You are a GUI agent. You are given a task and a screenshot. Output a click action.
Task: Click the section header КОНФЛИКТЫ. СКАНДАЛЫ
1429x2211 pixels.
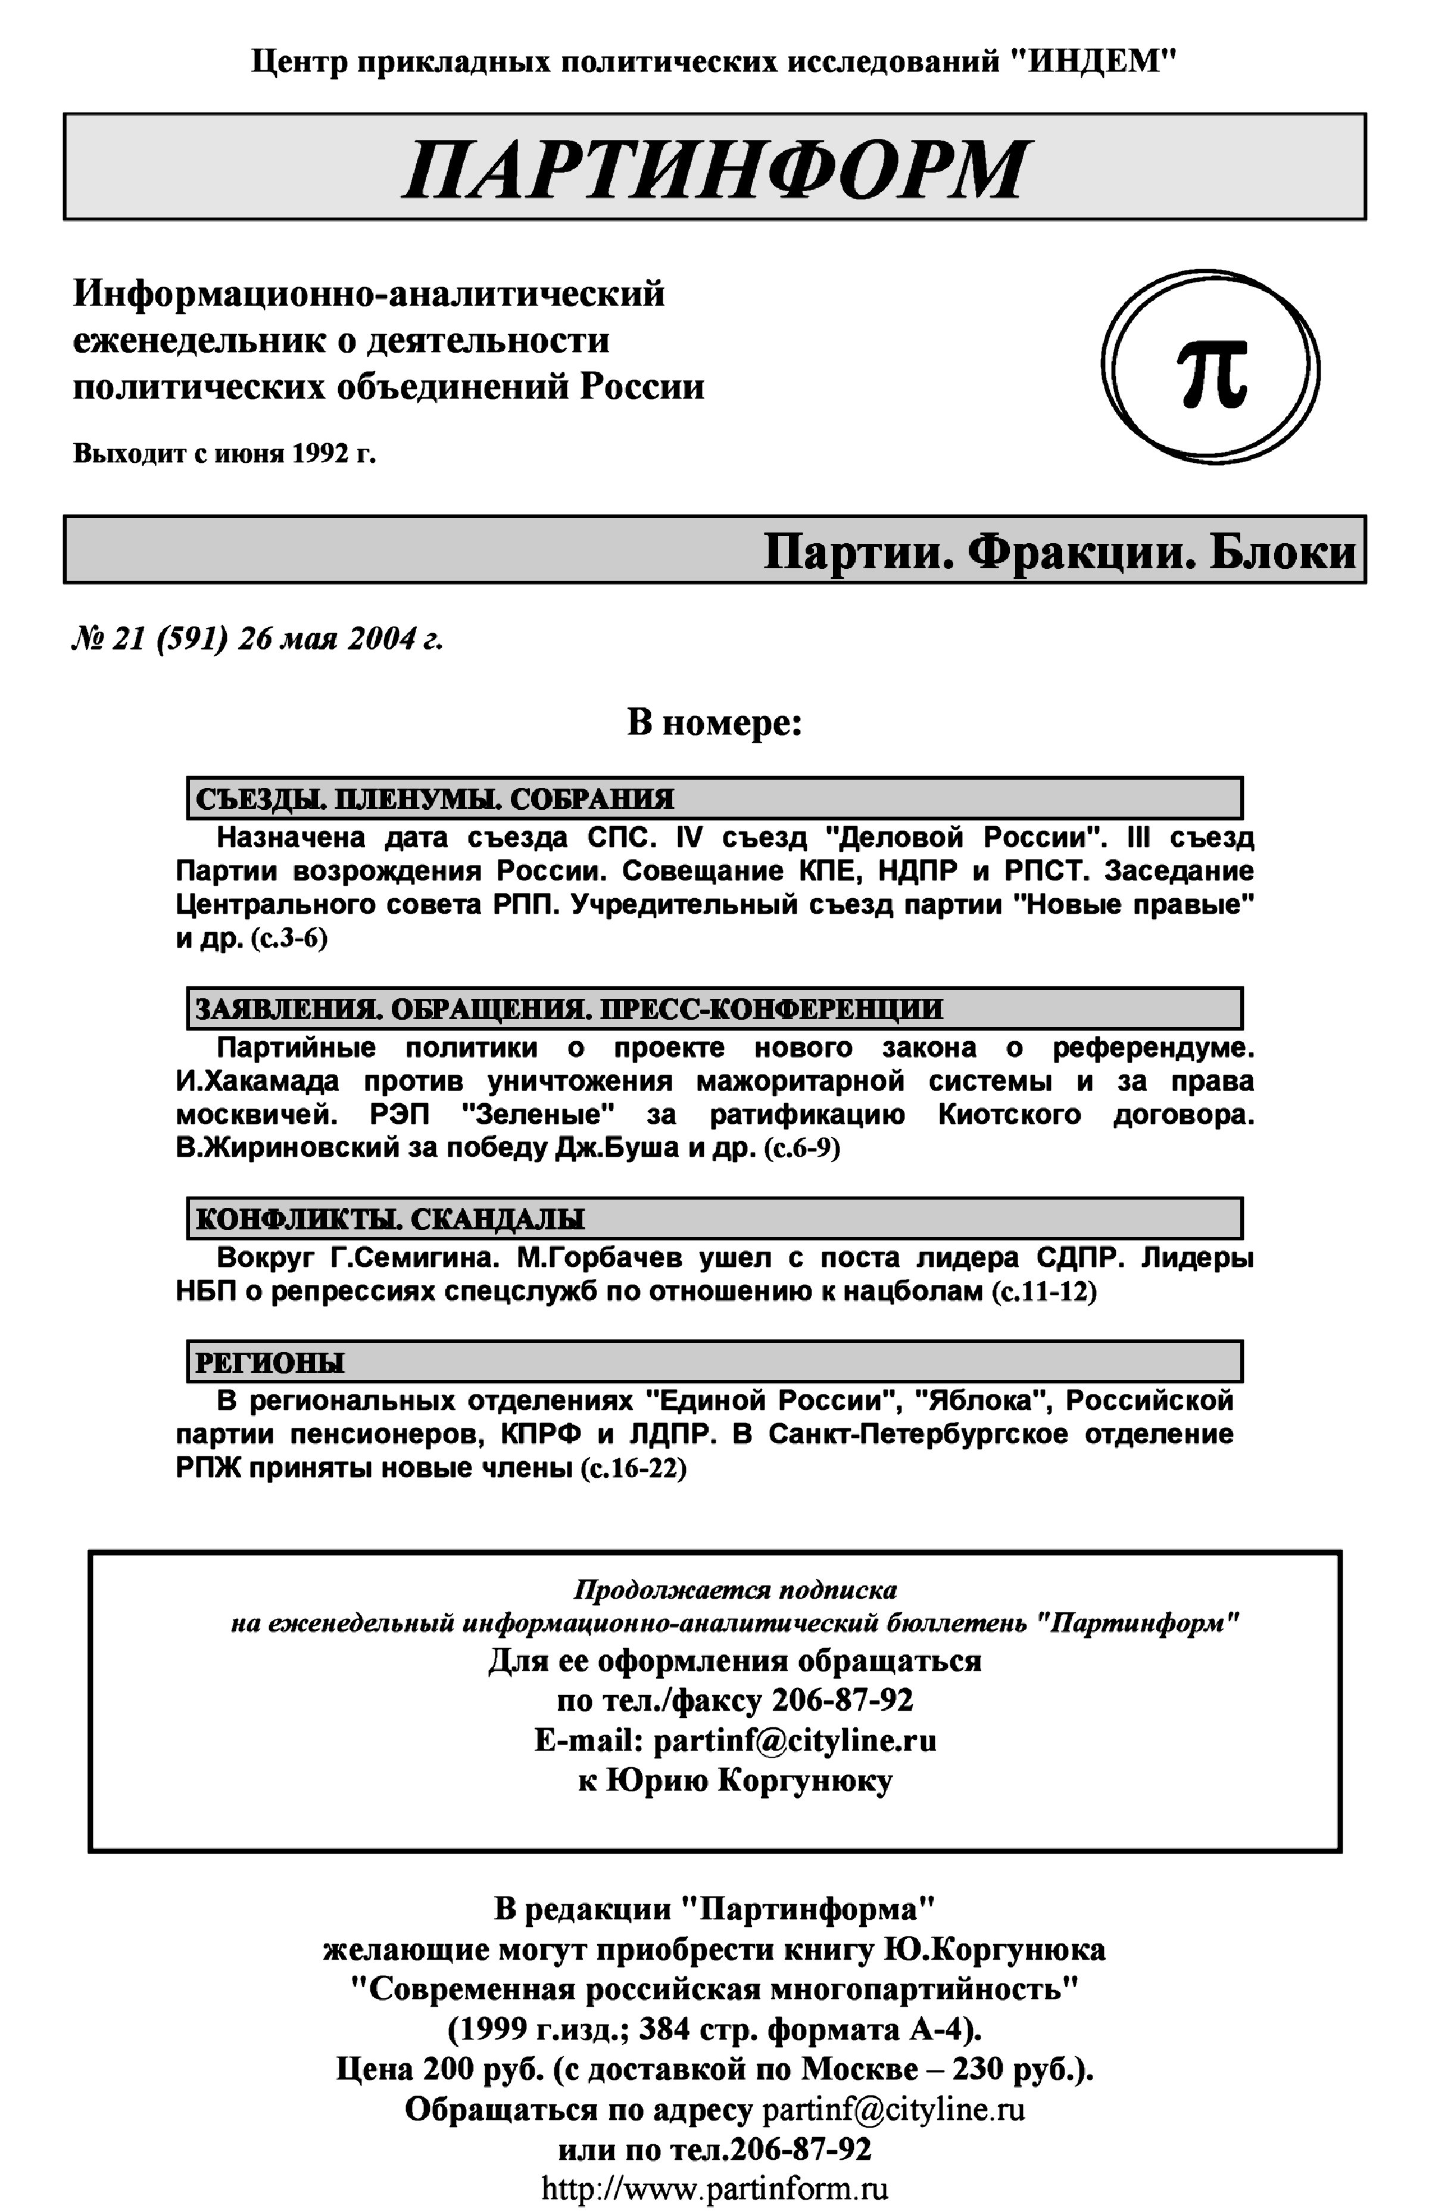390,1219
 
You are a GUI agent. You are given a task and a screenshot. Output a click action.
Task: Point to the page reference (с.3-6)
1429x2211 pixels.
289,938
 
